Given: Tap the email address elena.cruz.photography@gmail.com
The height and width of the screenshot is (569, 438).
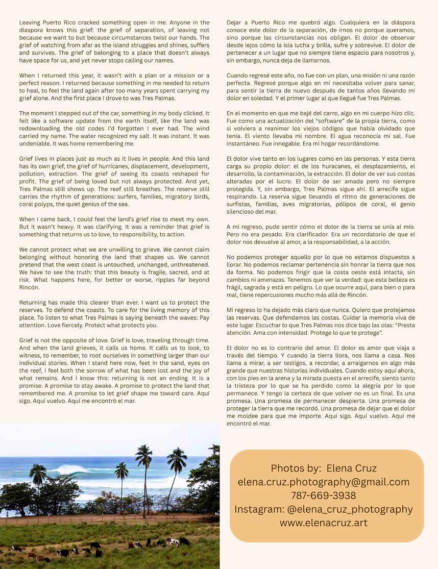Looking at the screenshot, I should [x=324, y=482].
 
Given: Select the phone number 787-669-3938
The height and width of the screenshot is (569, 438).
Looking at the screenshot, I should [x=324, y=496].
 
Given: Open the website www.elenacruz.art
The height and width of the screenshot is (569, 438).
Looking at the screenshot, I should [x=324, y=523].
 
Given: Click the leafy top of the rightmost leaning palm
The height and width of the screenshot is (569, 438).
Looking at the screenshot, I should [x=177, y=458].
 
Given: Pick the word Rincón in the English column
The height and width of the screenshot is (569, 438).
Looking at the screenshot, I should [x=30, y=287].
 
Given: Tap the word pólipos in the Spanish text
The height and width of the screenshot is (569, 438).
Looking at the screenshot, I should [x=343, y=205].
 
